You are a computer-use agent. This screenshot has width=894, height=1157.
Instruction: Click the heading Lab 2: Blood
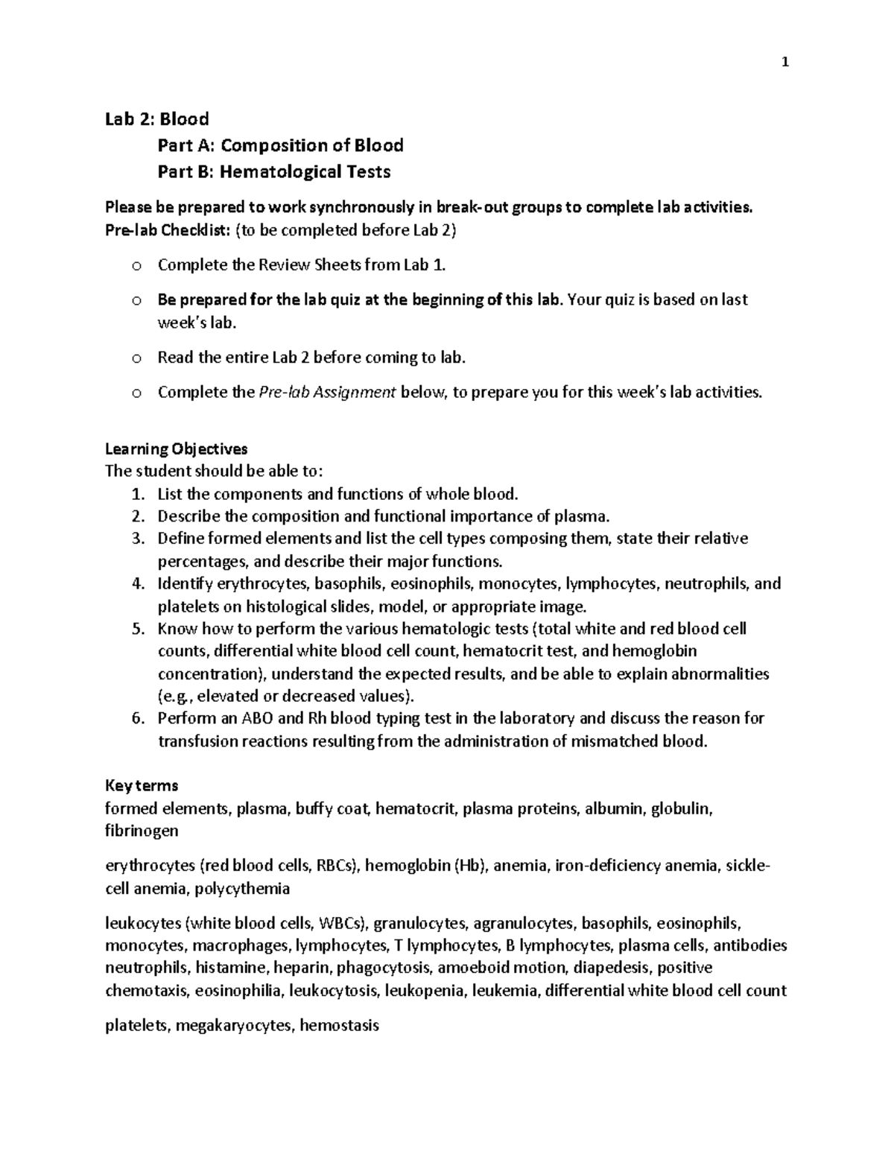coord(156,119)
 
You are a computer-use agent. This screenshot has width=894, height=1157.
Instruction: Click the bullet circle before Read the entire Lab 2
coord(136,358)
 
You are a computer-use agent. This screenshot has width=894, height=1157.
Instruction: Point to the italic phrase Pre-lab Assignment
coord(326,393)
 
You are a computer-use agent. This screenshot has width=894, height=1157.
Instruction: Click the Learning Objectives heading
coord(176,449)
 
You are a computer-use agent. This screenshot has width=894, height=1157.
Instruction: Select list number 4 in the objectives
coord(137,584)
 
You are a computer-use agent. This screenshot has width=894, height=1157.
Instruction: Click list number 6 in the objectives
coord(137,719)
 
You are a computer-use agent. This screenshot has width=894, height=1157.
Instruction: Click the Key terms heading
coord(142,786)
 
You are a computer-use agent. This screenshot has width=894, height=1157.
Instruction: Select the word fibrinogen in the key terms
coord(142,831)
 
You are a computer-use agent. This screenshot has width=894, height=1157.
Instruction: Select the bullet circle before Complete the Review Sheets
coord(136,266)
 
